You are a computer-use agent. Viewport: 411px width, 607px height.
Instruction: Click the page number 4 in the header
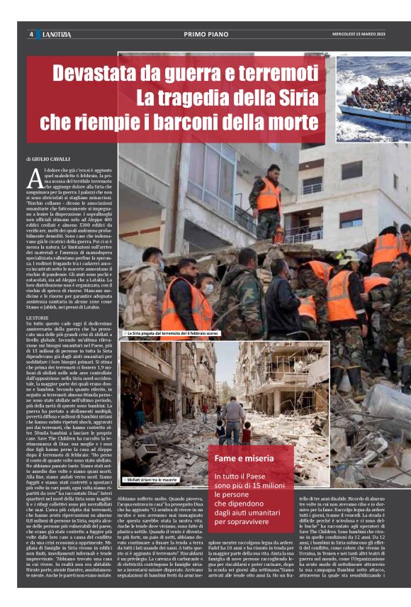point(30,34)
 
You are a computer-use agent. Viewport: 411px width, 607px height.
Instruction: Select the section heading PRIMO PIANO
point(205,34)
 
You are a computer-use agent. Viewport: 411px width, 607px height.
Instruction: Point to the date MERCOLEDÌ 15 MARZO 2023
point(359,34)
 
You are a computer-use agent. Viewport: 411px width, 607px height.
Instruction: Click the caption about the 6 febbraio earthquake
point(171,333)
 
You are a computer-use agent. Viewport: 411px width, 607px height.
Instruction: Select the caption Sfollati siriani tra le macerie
point(152,479)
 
